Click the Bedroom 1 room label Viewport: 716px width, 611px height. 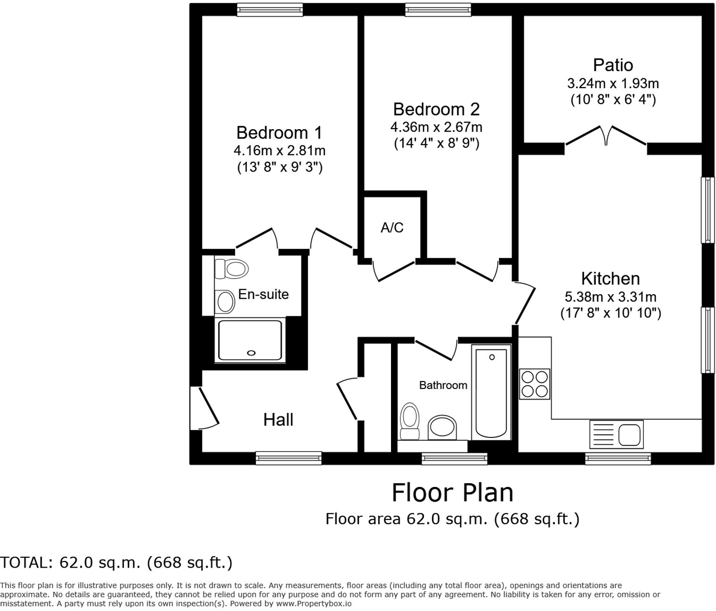279,132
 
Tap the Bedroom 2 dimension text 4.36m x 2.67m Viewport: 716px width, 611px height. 436,127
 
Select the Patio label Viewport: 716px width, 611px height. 612,65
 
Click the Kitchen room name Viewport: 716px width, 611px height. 610,279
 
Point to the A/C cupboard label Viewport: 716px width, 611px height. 392,228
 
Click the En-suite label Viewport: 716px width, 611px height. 263,294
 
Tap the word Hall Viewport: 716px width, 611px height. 278,420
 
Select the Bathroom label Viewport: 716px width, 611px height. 443,385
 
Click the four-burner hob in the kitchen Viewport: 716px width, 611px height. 535,384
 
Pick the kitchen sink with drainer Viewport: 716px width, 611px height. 616,434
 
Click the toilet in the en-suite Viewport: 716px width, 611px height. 232,269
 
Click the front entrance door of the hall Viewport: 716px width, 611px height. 203,408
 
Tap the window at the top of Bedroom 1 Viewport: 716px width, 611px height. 269,9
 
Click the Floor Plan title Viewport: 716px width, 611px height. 452,493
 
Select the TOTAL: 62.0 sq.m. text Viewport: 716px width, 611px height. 116,562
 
